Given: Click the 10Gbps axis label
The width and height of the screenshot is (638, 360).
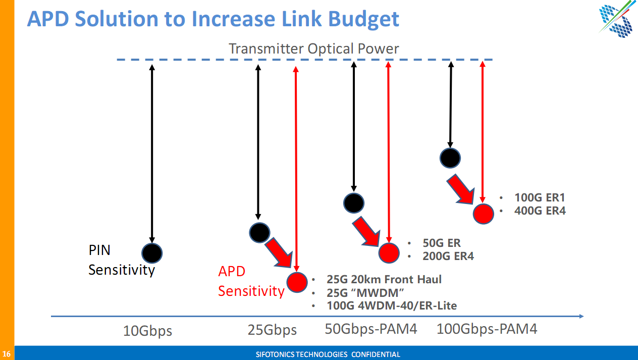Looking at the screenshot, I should (147, 331).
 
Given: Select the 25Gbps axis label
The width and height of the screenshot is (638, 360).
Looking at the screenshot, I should (272, 330).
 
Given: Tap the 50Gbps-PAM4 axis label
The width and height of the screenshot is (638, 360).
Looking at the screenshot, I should (371, 329).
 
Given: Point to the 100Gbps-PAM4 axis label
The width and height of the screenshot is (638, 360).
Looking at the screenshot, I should (487, 329).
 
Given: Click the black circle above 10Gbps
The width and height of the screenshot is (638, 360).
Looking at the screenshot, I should (152, 252).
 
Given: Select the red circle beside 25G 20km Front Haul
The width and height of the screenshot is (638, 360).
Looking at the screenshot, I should (297, 282).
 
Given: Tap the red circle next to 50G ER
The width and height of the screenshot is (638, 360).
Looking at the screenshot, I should (389, 252).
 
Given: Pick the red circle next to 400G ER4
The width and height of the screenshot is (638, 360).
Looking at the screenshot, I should (483, 214).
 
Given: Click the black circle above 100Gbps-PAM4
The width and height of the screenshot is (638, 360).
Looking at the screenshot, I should (450, 158).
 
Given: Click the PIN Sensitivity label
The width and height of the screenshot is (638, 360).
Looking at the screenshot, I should (121, 260).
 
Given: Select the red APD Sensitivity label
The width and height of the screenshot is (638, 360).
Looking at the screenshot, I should (251, 281).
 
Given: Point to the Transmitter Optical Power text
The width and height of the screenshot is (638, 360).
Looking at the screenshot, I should (313, 48).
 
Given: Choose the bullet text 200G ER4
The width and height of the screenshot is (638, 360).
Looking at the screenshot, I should (448, 256).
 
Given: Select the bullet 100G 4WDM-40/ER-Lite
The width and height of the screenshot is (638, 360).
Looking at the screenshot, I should (391, 305).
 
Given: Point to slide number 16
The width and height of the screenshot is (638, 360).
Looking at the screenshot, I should (7, 353).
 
